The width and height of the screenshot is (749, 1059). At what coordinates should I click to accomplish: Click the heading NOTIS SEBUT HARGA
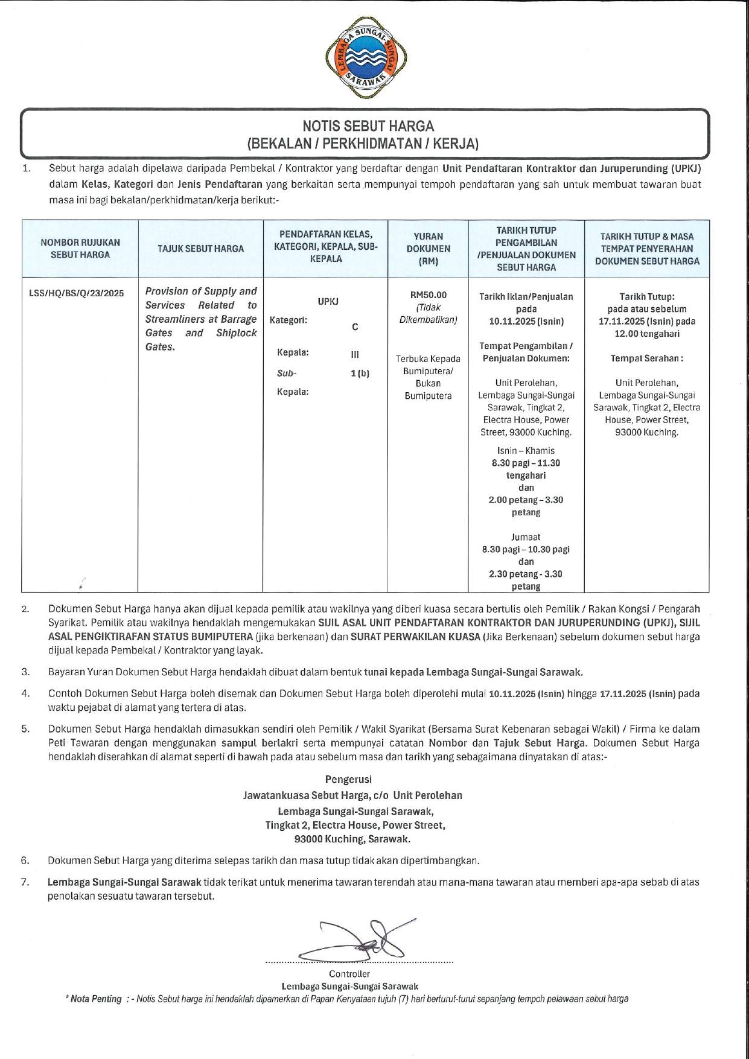pos(368,126)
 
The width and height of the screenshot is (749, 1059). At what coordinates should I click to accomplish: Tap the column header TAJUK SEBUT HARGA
pos(201,249)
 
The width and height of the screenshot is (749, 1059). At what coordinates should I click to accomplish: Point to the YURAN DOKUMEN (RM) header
pos(428,249)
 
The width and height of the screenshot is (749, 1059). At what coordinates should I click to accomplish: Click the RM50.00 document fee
pos(428,295)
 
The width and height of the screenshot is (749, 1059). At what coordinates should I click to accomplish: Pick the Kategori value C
pos(355,327)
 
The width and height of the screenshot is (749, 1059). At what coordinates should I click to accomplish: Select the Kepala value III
pos(355,355)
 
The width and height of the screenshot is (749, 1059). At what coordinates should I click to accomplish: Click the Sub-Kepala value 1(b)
pos(360,374)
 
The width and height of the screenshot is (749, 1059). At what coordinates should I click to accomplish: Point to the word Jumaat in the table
pos(526,537)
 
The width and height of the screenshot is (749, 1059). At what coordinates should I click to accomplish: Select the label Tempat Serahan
pos(646,358)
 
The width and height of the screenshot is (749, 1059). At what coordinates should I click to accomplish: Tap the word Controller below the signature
pos(349,974)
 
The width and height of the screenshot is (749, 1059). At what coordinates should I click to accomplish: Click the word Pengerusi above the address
pos(349,780)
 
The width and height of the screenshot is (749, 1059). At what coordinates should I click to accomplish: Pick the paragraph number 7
pos(25,882)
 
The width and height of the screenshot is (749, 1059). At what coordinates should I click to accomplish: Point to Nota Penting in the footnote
pos(96,999)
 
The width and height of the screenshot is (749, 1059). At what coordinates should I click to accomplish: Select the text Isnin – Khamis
pos(526,451)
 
